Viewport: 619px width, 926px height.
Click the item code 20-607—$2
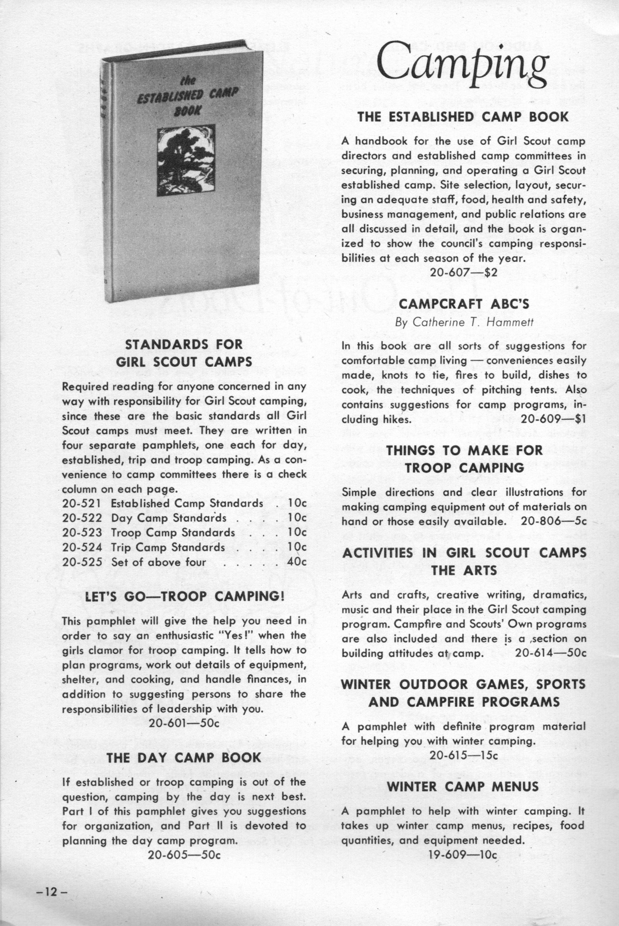[x=464, y=273]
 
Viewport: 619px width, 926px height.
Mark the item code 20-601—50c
[x=184, y=723]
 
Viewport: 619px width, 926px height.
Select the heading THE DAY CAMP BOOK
[x=184, y=757]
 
